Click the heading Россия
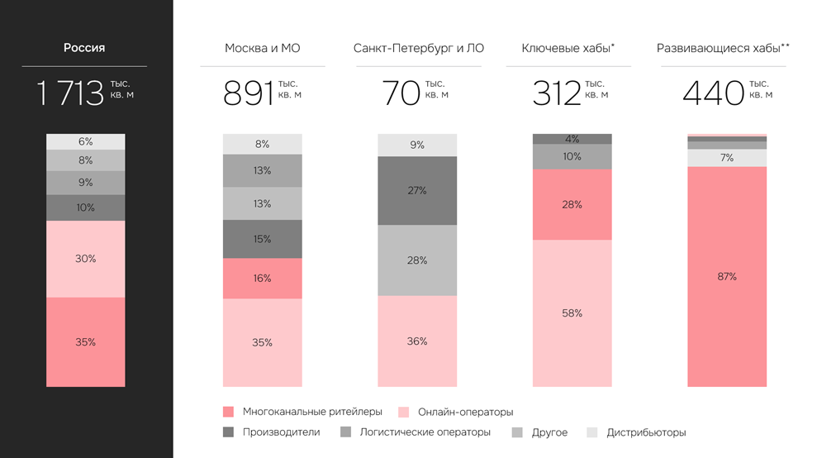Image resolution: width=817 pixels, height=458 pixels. click(x=84, y=48)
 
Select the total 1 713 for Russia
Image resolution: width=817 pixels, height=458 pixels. click(x=70, y=93)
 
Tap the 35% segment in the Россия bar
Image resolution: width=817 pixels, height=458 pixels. click(x=85, y=341)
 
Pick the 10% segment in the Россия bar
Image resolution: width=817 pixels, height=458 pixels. click(x=85, y=208)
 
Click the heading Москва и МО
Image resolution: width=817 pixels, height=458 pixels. click(x=262, y=48)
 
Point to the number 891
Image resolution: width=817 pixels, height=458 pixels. click(x=249, y=93)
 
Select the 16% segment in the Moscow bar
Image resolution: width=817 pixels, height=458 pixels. click(x=262, y=279)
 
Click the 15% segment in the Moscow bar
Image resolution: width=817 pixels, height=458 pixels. click(x=262, y=239)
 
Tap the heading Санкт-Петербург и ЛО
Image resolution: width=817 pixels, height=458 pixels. click(x=418, y=48)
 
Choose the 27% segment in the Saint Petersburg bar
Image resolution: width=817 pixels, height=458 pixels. click(x=417, y=190)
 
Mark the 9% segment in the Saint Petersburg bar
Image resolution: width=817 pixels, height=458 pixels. click(x=417, y=145)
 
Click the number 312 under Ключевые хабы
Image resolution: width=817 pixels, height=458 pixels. click(x=557, y=93)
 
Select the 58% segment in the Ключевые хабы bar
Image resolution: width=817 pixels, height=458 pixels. click(x=572, y=312)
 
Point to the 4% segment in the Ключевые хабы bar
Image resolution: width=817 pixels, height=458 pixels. click(x=572, y=139)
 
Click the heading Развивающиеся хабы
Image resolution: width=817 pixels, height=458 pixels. click(x=723, y=48)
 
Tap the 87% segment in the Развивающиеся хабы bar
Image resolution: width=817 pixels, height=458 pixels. click(x=727, y=276)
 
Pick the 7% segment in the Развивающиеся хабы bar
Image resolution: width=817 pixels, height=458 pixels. click(x=727, y=158)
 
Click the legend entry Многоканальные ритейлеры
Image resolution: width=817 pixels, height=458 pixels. click(x=312, y=412)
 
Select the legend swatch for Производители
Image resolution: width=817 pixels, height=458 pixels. click(x=229, y=432)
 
